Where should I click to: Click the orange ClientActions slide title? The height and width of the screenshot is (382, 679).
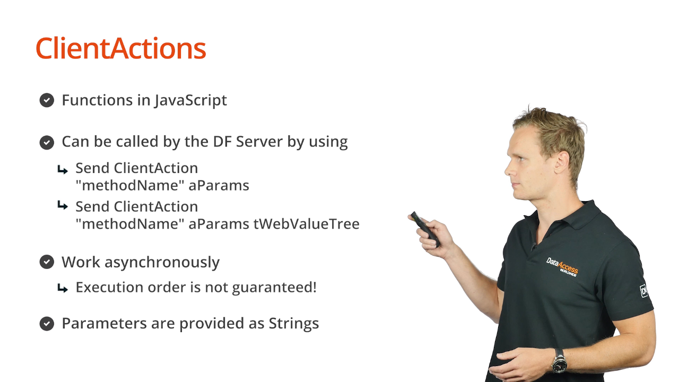click(x=121, y=48)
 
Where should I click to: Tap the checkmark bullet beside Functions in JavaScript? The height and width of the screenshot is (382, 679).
click(x=47, y=100)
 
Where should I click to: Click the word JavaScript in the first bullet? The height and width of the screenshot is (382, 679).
click(x=190, y=100)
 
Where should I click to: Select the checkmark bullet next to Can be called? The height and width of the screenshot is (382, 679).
click(x=47, y=143)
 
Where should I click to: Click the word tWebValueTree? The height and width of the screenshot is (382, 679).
click(x=307, y=224)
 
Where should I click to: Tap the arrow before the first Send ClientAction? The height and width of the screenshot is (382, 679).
click(x=63, y=170)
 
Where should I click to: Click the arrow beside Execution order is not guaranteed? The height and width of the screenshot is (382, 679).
click(x=63, y=288)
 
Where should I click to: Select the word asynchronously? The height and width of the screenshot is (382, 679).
click(x=162, y=263)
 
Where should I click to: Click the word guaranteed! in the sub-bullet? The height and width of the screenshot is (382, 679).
click(x=274, y=288)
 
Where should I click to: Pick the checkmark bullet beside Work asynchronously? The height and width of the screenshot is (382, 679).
click(x=47, y=262)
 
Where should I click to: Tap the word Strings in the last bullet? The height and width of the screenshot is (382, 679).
click(x=294, y=324)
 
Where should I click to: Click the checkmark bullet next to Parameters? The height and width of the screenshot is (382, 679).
click(x=47, y=324)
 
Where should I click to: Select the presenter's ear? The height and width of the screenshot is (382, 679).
click(x=561, y=162)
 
